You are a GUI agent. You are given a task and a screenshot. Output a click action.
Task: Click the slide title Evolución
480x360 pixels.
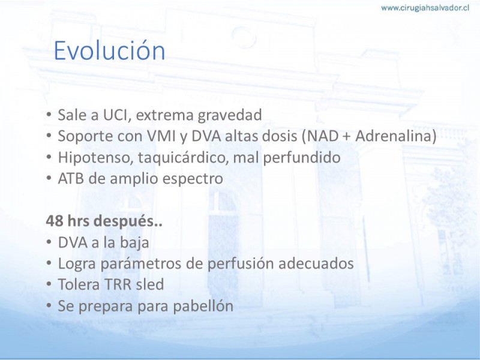point(109,50)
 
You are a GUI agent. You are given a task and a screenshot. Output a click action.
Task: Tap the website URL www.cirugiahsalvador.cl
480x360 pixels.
point(425,8)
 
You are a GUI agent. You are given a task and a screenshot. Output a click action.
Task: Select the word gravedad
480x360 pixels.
point(230,116)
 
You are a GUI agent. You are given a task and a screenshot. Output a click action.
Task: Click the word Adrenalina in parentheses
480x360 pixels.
point(392,136)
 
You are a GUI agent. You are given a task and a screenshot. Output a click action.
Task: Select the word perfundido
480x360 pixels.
point(302,158)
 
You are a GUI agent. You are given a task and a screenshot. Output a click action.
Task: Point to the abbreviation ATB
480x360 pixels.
point(71,178)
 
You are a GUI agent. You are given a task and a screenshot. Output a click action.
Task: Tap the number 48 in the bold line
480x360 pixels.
point(55,221)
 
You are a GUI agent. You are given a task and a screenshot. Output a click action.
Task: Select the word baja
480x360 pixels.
point(134,243)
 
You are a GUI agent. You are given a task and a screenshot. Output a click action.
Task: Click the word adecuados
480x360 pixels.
point(316,263)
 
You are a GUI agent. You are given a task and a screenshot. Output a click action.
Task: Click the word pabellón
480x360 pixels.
point(203,306)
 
